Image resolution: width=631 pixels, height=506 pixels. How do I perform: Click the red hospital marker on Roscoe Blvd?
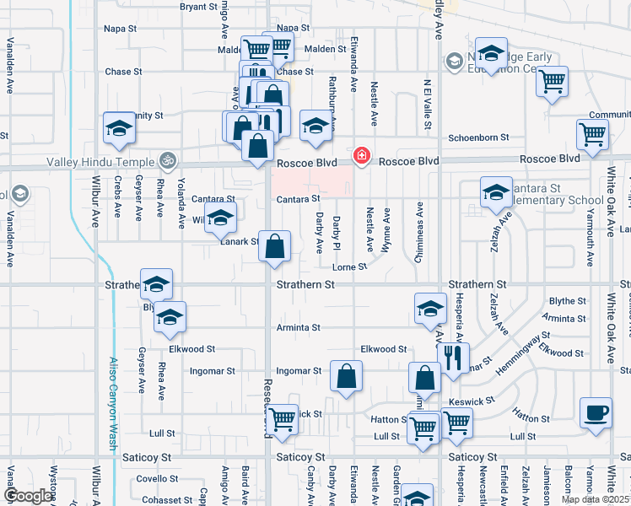pyautogui.click(x=361, y=155)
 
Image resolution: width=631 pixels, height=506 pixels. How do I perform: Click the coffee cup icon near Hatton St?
pyautogui.click(x=596, y=413)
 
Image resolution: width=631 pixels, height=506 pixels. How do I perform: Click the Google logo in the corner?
pyautogui.click(x=28, y=496)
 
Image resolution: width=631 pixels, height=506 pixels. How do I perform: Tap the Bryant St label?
pyautogui.click(x=199, y=7)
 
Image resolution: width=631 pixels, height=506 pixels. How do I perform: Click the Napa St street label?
pyautogui.click(x=120, y=29)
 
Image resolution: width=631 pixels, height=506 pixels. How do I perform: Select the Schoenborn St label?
pyautogui.click(x=479, y=137)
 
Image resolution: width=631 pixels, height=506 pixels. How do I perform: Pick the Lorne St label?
pyautogui.click(x=349, y=266)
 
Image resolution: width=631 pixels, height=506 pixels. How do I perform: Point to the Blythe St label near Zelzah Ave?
pyautogui.click(x=567, y=301)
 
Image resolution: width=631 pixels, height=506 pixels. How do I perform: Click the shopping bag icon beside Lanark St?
pyautogui.click(x=275, y=247)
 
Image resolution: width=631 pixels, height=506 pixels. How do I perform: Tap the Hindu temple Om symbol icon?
pyautogui.click(x=167, y=159)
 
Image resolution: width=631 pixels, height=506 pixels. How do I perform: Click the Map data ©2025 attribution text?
pyautogui.click(x=595, y=499)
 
